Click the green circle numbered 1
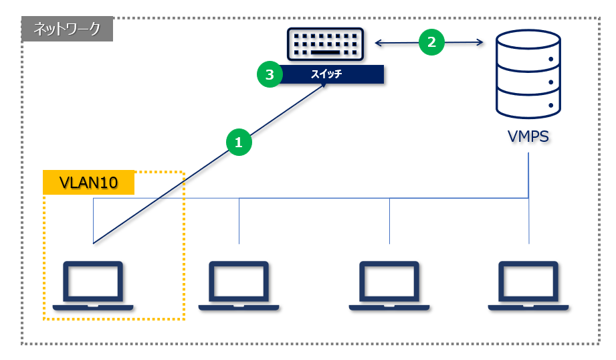(x=239, y=142)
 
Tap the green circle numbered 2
(x=431, y=42)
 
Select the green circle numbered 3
(x=270, y=75)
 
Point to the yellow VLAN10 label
(x=89, y=183)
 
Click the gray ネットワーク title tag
(x=67, y=29)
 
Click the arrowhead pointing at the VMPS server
(x=480, y=43)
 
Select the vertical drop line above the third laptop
(x=389, y=221)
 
